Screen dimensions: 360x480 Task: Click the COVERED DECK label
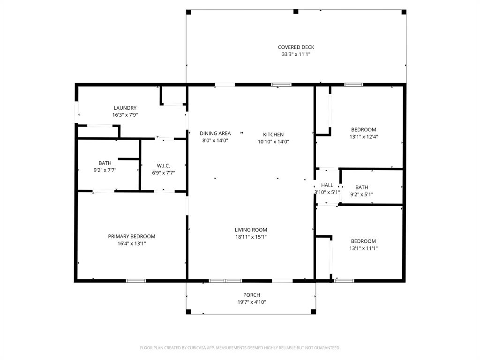[x=296, y=47]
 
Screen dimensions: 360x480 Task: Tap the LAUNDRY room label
[x=125, y=108]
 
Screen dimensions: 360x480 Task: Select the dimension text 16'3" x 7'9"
[x=125, y=115]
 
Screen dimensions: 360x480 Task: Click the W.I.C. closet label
[x=163, y=165]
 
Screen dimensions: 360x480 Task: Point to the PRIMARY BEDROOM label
[x=132, y=236]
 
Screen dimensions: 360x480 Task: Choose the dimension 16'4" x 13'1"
[x=132, y=244]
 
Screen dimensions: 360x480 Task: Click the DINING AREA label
[x=215, y=133]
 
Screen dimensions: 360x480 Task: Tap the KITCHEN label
[x=273, y=135]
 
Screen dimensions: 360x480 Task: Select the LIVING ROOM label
[x=251, y=230]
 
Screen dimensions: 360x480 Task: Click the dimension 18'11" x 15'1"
[x=251, y=237]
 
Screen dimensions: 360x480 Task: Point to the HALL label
[x=327, y=185]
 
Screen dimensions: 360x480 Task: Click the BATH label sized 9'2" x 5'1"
[x=361, y=187]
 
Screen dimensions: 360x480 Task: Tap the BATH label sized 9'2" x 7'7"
[x=105, y=163]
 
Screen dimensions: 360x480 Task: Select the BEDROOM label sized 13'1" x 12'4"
[x=364, y=129]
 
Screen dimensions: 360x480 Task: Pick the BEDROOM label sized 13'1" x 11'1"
[x=363, y=241]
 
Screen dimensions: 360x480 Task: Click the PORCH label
[x=252, y=295]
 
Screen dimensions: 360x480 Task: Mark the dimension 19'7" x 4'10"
[x=252, y=302]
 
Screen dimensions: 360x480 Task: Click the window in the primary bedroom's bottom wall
[x=136, y=281]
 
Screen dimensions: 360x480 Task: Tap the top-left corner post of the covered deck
[x=188, y=12]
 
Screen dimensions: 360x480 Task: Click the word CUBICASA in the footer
[x=195, y=348]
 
